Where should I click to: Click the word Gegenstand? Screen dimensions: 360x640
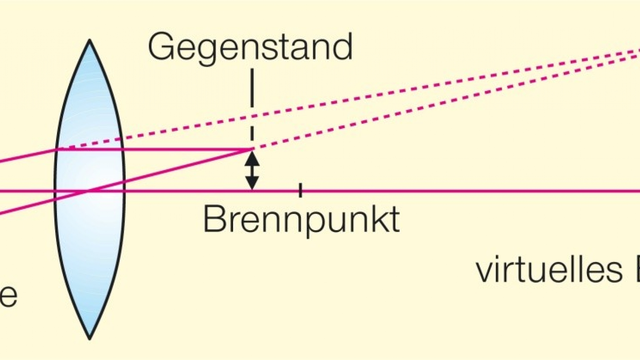click(x=250, y=47)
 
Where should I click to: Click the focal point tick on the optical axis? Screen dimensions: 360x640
click(x=300, y=190)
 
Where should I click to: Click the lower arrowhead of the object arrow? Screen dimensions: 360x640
click(x=252, y=184)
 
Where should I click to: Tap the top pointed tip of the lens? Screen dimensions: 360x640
click(x=89, y=41)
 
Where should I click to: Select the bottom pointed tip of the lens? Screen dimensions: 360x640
click(x=89, y=339)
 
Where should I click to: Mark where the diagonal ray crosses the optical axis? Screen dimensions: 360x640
click(x=87, y=191)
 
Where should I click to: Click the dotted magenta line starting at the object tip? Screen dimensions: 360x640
click(x=433, y=100)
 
